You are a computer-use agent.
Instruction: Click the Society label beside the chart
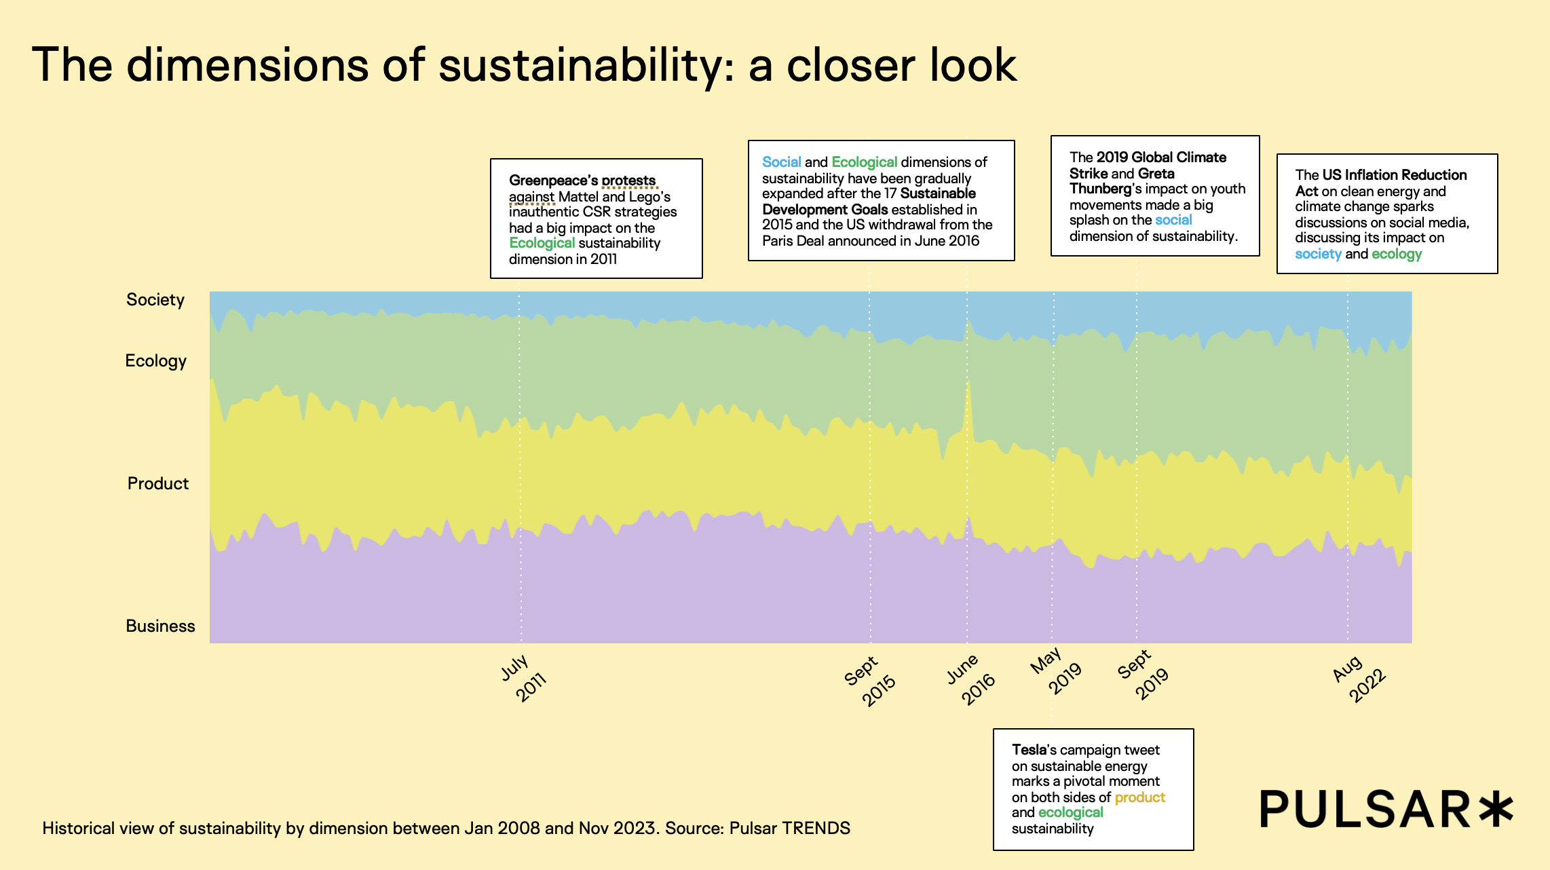click(x=155, y=299)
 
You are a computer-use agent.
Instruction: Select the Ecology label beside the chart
click(x=155, y=360)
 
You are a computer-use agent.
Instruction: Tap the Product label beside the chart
click(x=158, y=483)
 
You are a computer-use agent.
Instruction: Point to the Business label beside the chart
click(x=160, y=626)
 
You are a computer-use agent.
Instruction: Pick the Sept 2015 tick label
click(x=870, y=681)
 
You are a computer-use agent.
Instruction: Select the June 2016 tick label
click(x=970, y=679)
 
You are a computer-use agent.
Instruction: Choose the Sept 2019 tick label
click(x=1143, y=675)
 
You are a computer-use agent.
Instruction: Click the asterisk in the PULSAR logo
click(x=1496, y=809)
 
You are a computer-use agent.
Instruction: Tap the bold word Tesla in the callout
click(x=1029, y=750)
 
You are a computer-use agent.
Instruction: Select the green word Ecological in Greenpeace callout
click(x=542, y=243)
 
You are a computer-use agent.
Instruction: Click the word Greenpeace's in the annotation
click(x=553, y=181)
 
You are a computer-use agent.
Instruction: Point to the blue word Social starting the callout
click(x=781, y=162)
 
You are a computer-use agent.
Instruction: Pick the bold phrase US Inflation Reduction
click(x=1394, y=175)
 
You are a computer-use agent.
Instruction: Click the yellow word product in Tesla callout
click(x=1139, y=797)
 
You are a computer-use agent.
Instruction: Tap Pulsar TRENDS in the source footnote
click(x=789, y=828)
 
